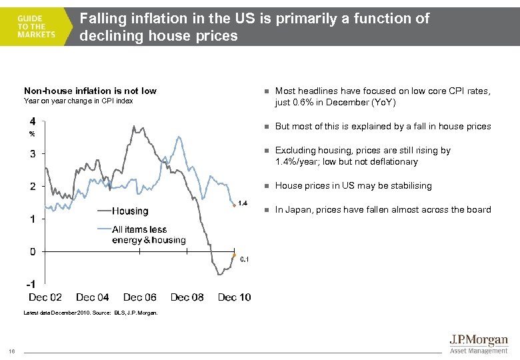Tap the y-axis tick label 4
point(33,121)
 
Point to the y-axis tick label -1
point(31,284)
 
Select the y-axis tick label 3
point(33,154)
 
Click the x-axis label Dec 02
point(45,297)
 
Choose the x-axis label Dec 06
point(140,297)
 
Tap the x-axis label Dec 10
point(235,297)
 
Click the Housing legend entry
point(131,211)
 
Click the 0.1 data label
point(244,260)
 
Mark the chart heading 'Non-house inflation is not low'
point(90,91)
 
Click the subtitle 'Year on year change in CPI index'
point(79,101)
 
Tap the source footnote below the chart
point(91,313)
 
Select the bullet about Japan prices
point(383,210)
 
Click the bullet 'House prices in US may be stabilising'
point(353,186)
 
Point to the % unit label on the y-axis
point(31,133)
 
